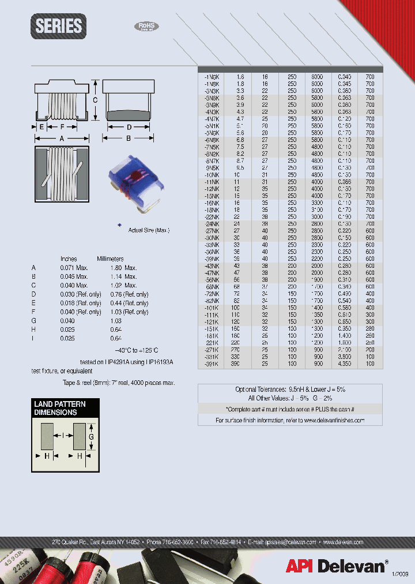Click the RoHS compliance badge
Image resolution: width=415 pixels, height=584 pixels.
(x=146, y=27)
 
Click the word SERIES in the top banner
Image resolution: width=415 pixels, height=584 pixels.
(x=59, y=27)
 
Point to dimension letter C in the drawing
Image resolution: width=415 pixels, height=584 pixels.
(x=96, y=99)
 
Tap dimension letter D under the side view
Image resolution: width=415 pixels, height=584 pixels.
(x=129, y=126)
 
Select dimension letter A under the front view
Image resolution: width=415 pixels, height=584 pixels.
(x=62, y=138)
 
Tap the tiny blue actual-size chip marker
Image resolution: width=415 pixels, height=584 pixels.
(x=119, y=225)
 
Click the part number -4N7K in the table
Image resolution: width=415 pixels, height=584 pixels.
(x=212, y=118)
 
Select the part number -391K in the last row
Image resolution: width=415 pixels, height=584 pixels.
(x=212, y=364)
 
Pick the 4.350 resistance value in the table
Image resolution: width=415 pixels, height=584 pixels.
(x=344, y=364)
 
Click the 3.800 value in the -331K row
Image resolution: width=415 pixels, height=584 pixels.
(x=344, y=357)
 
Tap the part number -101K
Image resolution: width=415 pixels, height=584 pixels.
(x=212, y=308)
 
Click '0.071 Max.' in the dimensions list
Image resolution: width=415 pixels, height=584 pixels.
(x=74, y=268)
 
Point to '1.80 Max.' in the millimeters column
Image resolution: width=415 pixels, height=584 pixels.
(x=124, y=268)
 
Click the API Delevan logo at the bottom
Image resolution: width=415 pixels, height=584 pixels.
(x=336, y=566)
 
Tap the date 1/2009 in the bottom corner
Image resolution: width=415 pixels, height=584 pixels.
(x=401, y=573)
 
